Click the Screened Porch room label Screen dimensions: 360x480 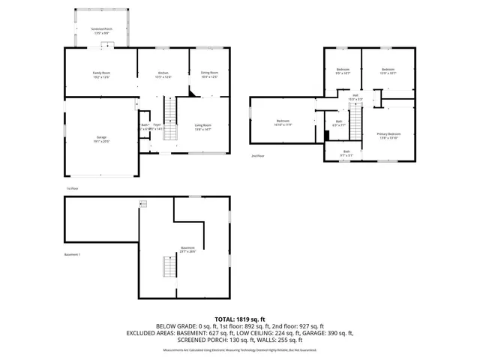click(101, 30)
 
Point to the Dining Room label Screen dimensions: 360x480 click(209, 74)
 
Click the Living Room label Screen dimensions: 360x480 click(202, 127)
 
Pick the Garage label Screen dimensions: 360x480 click(100, 139)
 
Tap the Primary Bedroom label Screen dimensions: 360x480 click(394, 136)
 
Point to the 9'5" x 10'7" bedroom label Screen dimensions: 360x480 click(343, 71)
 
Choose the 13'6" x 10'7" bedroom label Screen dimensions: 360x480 click(388, 71)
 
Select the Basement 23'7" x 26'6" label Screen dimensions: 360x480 click(187, 250)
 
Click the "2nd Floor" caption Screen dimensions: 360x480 click(257, 156)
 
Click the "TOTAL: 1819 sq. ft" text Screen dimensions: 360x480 click(239, 318)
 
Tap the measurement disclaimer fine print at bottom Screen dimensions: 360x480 click(239, 349)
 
